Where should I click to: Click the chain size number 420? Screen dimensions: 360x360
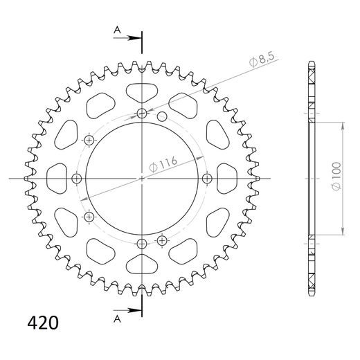[42, 323]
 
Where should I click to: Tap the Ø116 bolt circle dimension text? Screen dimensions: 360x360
[164, 164]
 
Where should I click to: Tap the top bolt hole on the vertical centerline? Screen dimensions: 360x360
[142, 114]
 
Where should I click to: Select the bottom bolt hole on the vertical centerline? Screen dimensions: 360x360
[142, 244]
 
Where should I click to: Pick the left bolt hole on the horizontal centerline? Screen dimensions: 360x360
[77, 179]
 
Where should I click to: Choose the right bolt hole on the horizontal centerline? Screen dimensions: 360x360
[207, 179]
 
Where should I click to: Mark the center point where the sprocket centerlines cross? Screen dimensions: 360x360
[142, 179]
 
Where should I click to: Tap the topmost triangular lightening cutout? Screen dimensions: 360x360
[142, 90]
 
